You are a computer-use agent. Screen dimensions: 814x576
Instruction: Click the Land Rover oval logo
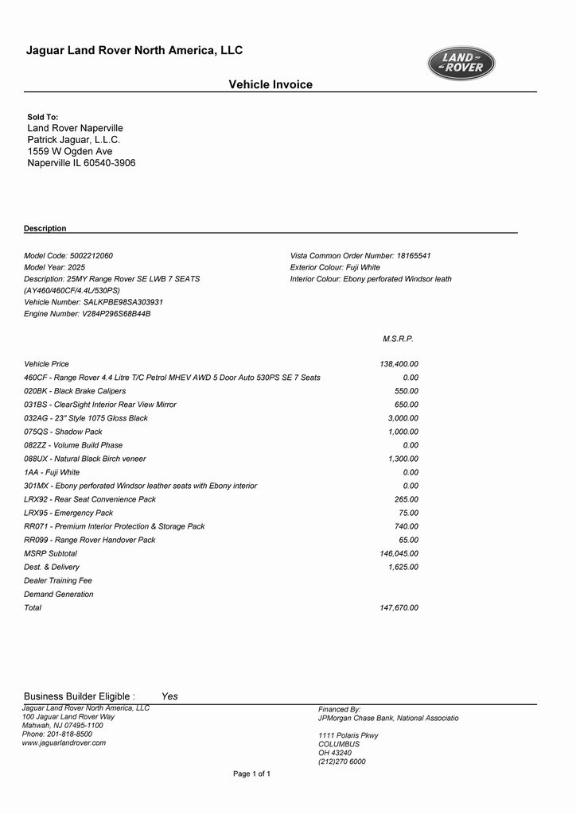pos(461,64)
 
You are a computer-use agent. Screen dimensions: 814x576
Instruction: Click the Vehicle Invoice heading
pos(270,84)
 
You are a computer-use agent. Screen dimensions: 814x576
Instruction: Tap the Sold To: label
pos(43,117)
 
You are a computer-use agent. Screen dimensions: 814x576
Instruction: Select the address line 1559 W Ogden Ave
pos(70,151)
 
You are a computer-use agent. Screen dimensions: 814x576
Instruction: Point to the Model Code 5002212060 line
pos(68,256)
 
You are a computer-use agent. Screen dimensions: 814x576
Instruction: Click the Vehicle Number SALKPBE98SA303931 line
pos(94,302)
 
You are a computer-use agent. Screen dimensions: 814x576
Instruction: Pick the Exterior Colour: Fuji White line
pos(335,268)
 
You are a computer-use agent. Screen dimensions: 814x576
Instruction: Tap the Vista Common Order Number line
pos(360,256)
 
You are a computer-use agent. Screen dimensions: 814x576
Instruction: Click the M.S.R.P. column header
pos(398,339)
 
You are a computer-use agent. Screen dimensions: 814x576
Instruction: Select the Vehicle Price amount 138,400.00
pos(399,364)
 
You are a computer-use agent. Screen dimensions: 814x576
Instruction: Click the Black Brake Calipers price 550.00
pos(407,391)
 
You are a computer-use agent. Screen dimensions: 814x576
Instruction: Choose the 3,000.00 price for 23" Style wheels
pos(403,418)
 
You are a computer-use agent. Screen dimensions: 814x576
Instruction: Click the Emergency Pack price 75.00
pos(409,513)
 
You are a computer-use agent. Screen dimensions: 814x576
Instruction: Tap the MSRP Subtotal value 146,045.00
pos(399,553)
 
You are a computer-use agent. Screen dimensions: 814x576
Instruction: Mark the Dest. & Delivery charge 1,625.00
pos(403,567)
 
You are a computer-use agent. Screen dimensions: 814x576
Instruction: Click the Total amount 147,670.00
pos(399,607)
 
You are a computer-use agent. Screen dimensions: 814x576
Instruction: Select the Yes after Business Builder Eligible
pos(169,696)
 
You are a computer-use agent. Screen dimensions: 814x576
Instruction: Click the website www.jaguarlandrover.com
pos(64,742)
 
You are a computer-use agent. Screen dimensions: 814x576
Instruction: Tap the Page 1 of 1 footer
pos(251,773)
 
